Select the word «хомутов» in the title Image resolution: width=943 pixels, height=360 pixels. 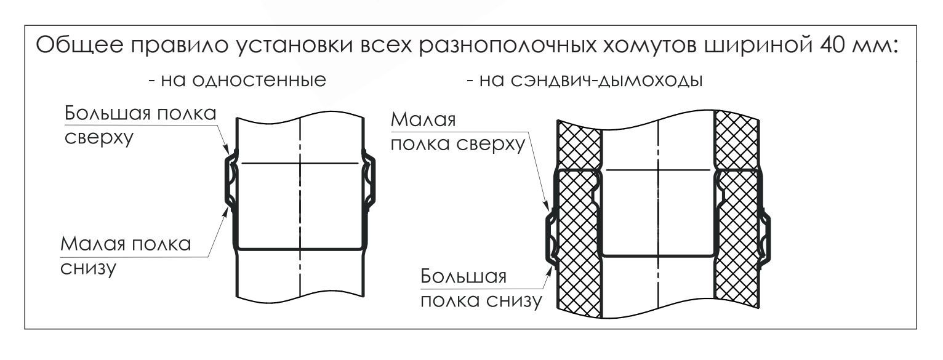(649, 46)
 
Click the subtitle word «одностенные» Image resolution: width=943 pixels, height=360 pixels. (259, 79)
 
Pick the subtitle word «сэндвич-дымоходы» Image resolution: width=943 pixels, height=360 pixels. (607, 80)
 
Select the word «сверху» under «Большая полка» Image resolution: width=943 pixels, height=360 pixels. (99, 138)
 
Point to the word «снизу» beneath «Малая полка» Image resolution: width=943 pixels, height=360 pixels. (88, 268)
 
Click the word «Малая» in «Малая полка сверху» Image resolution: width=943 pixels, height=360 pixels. (423, 119)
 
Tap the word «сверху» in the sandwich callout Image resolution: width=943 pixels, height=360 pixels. (491, 144)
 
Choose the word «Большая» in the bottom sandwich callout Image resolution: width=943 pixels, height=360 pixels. (463, 276)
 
